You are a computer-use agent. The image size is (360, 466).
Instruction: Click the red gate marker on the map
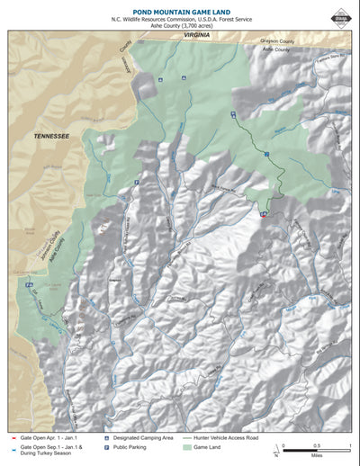pyautogui.click(x=263, y=215)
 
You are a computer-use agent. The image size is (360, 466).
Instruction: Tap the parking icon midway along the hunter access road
pyautogui.click(x=266, y=155)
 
